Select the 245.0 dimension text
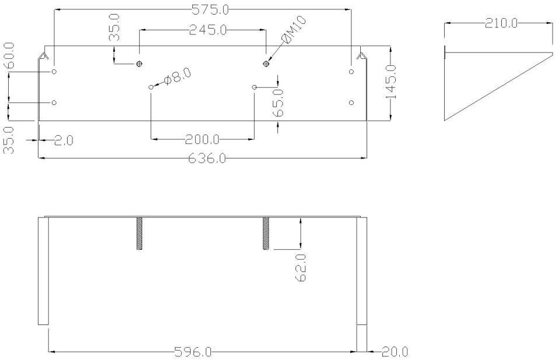click(208, 30)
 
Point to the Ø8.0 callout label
click(177, 77)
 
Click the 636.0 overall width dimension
click(207, 158)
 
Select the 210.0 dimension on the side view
click(500, 23)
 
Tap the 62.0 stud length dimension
click(301, 267)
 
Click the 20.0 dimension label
click(395, 352)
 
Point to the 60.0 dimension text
click(9, 55)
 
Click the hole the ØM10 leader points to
click(266, 63)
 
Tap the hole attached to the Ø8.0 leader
click(151, 87)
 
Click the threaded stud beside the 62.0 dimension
click(266, 233)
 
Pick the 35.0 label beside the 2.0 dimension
click(9, 140)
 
